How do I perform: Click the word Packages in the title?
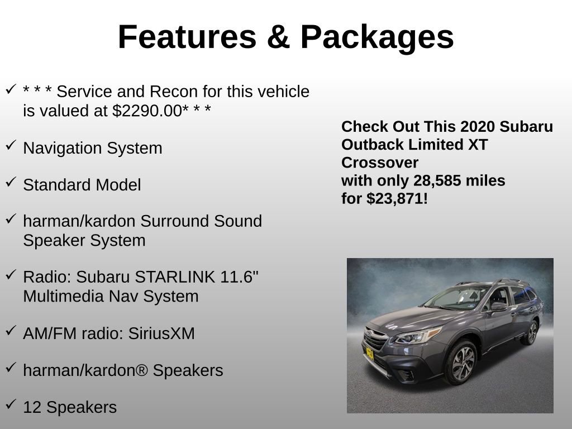(x=377, y=37)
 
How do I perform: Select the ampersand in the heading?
(x=278, y=37)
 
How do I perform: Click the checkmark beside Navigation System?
(x=11, y=146)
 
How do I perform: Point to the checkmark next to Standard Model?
(x=11, y=183)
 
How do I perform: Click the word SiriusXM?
(x=162, y=333)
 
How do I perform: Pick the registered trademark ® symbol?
(x=142, y=370)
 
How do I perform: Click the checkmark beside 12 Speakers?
(x=11, y=404)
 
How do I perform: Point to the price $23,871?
(x=397, y=198)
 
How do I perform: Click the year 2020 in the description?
(x=478, y=127)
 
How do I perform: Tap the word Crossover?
(x=380, y=163)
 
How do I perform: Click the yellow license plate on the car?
(x=369, y=353)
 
